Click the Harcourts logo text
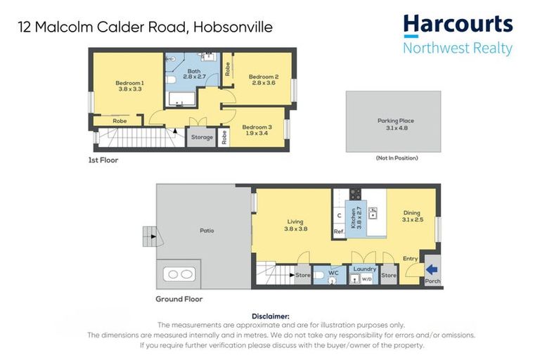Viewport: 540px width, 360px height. point(458,25)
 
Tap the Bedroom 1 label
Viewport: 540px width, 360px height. point(129,83)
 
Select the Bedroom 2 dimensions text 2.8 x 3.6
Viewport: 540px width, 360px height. point(263,84)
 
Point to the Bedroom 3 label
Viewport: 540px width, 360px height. point(257,126)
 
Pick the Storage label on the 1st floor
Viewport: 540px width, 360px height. point(202,137)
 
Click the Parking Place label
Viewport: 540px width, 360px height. point(396,121)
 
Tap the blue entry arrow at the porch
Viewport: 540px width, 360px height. point(432,269)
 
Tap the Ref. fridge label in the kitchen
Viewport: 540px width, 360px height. point(339,231)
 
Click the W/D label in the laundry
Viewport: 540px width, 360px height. point(366,279)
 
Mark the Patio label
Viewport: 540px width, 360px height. point(206,231)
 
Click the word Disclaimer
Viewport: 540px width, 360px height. point(270,316)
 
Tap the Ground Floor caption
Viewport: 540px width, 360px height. point(179,299)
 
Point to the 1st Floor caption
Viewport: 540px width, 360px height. point(103,160)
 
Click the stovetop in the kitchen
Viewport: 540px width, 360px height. point(355,194)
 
